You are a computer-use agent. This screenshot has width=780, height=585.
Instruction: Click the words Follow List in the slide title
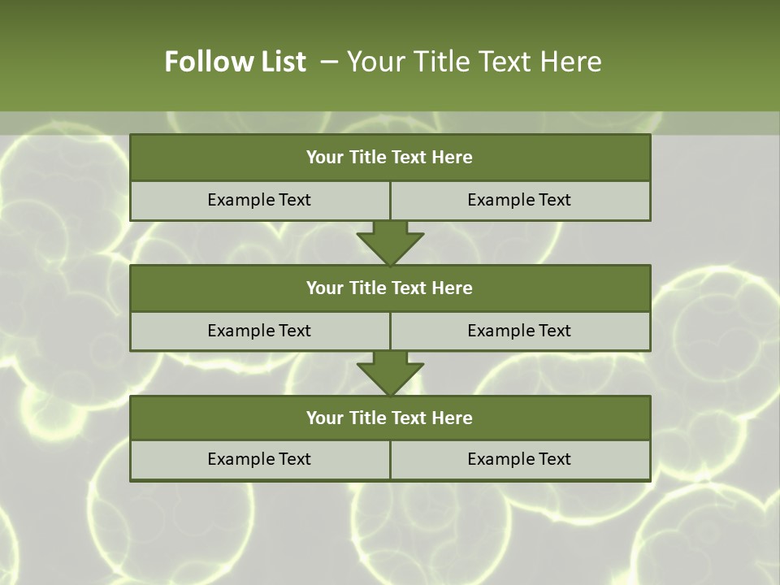[x=236, y=62]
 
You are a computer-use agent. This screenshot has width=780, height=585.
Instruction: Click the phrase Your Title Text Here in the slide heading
[x=474, y=62]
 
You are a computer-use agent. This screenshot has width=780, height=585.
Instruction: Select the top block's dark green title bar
[x=390, y=158]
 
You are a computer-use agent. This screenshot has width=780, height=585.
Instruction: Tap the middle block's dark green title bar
[x=390, y=288]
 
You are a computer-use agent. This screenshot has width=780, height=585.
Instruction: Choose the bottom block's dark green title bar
[x=390, y=418]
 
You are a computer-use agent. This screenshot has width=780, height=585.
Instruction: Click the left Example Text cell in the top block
[x=260, y=200]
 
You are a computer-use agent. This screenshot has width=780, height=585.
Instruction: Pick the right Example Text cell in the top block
[x=520, y=200]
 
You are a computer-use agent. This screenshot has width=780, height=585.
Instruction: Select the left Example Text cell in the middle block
[x=260, y=331]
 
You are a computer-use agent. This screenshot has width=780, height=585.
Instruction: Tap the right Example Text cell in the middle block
[x=520, y=331]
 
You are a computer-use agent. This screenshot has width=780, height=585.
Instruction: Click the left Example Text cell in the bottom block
[x=260, y=459]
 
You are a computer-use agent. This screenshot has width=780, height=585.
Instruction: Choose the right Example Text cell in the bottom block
[x=520, y=459]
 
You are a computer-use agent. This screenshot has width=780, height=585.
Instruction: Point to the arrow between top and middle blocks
[x=390, y=243]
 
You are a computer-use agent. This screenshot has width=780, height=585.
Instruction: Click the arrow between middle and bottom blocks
[x=390, y=373]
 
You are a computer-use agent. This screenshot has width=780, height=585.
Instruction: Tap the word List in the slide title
[x=284, y=62]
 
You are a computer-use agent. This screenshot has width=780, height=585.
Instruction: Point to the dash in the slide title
[x=329, y=62]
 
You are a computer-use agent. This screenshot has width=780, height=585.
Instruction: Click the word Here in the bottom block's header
[x=452, y=418]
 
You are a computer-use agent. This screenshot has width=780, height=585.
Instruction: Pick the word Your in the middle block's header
[x=325, y=288]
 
